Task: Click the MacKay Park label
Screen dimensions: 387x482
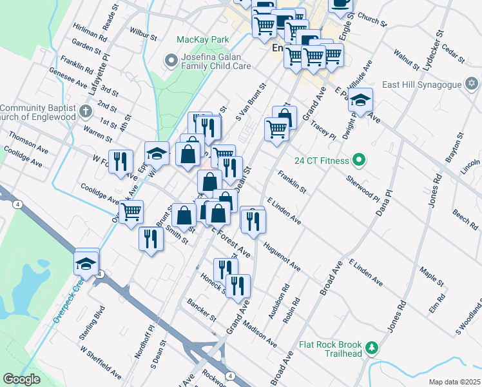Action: pos(203,39)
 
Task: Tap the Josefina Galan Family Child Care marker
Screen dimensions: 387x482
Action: pos(171,62)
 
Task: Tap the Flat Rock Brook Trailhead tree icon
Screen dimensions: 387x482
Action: pos(372,349)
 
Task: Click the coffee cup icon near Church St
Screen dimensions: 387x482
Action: pos(341,5)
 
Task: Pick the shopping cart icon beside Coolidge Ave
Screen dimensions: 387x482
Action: pos(131,210)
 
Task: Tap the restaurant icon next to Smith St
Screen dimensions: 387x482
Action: pos(151,238)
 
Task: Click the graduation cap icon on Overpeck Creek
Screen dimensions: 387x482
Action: pos(86,261)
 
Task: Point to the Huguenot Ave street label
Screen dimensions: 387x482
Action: pos(282,256)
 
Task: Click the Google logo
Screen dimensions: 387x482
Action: pos(21,379)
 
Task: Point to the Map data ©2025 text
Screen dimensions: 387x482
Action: pos(454,382)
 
